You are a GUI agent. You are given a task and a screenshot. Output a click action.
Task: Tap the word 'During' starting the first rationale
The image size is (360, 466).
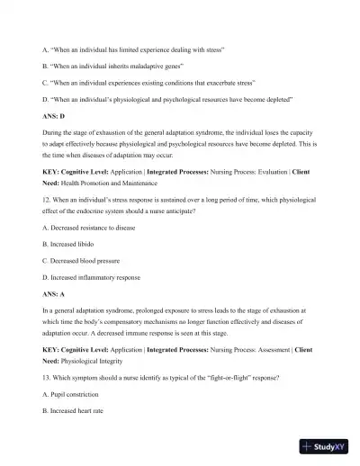[53, 134]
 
